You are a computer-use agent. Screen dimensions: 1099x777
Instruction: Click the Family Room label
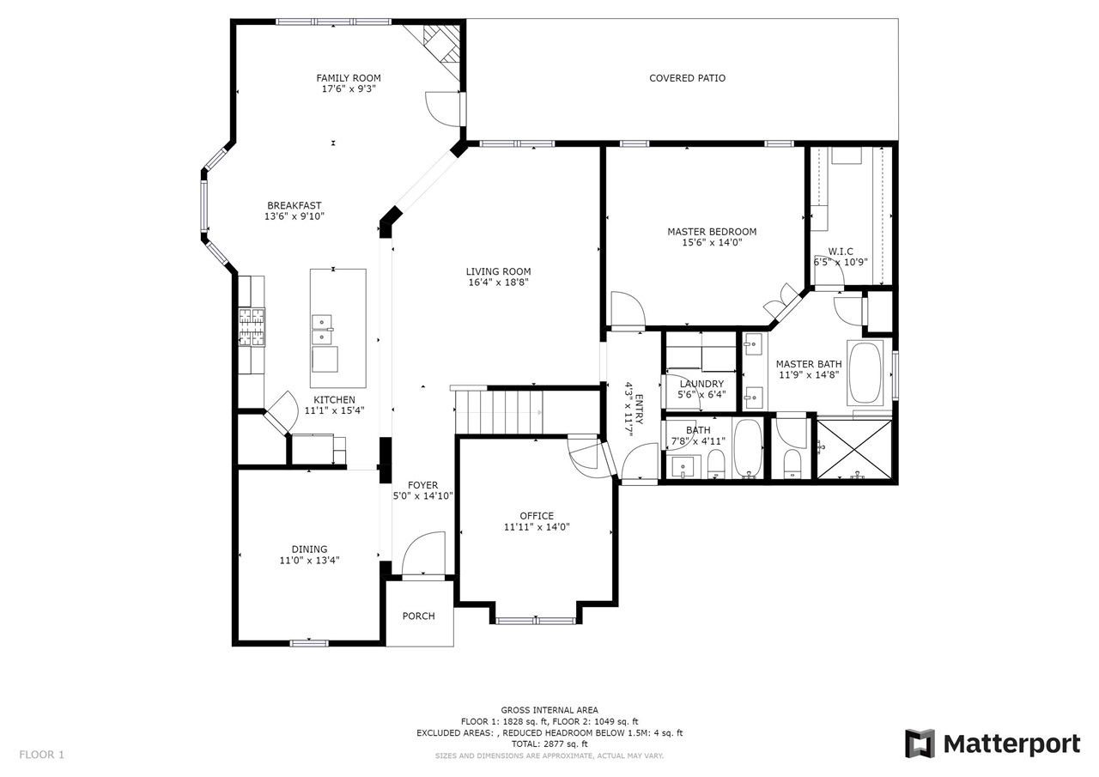pos(349,78)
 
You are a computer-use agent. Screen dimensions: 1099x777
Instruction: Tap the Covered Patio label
pos(687,78)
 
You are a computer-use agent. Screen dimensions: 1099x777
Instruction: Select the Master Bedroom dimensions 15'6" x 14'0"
pos(712,242)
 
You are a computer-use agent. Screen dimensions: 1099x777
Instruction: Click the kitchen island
pos(338,328)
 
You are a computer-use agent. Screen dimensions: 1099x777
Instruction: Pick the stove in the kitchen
pos(252,327)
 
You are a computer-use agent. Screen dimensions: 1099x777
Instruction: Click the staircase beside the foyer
pos(499,412)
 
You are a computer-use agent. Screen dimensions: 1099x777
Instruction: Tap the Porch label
pos(418,616)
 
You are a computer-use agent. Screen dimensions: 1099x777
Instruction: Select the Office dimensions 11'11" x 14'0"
pos(537,527)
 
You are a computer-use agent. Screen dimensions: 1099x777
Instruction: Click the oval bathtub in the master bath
pos(865,373)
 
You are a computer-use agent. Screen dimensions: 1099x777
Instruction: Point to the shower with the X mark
pos(854,449)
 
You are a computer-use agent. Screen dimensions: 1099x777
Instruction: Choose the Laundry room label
pos(701,384)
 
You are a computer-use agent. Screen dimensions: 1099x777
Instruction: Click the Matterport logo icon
pos(920,744)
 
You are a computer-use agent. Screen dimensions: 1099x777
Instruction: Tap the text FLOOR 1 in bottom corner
pos(42,755)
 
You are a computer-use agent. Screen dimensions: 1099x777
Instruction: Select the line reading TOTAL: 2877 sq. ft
pos(549,744)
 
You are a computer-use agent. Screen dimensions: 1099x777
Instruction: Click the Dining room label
pos(309,549)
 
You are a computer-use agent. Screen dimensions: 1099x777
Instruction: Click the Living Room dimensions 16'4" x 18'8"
pos(499,282)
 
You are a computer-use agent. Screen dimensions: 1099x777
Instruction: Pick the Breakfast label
pos(294,205)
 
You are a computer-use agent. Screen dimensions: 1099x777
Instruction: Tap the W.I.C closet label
pos(841,252)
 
